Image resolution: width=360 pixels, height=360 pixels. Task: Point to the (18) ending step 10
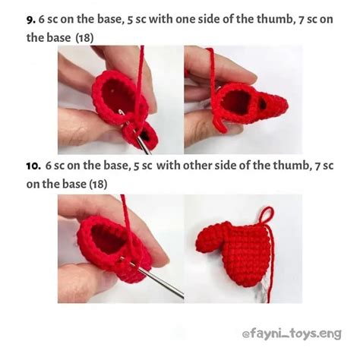pos(98,183)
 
